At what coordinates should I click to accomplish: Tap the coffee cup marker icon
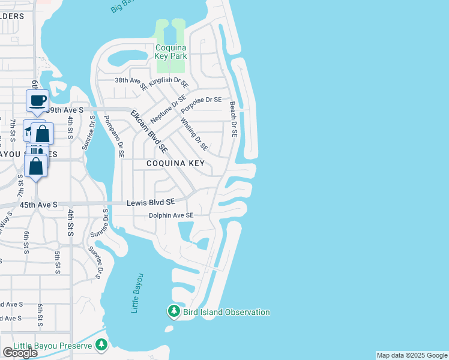click(38, 100)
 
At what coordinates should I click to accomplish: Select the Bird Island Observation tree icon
click(173, 311)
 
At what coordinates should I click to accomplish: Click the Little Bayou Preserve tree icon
click(101, 344)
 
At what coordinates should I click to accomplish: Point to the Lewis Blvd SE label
click(151, 203)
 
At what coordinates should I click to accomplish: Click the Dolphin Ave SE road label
click(171, 215)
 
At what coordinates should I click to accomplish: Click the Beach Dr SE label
click(234, 119)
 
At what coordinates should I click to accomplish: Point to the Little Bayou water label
click(137, 293)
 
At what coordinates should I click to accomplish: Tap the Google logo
click(20, 353)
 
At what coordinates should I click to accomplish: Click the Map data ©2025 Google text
click(411, 355)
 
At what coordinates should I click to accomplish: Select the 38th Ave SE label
click(131, 82)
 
